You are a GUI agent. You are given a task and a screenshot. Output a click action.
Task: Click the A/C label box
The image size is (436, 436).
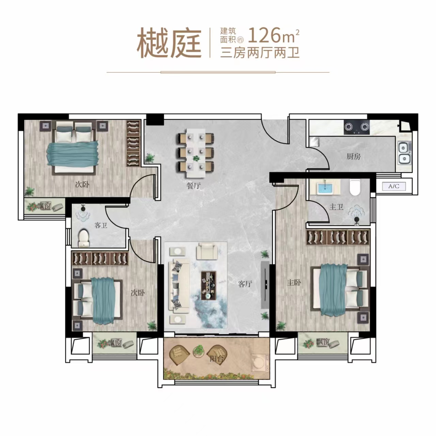[x=394, y=186]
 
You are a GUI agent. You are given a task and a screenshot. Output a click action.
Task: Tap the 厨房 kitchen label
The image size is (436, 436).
[x=354, y=156]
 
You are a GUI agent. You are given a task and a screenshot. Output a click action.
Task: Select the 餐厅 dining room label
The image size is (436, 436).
[x=193, y=186]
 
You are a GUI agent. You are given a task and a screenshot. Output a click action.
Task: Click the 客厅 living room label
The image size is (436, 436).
[x=245, y=284]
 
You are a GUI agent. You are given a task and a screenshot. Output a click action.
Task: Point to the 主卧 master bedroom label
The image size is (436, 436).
[x=294, y=282]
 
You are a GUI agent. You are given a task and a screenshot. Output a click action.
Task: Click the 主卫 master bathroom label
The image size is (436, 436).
[x=336, y=207]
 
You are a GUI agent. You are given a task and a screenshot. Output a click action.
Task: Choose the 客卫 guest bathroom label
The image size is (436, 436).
[x=101, y=225]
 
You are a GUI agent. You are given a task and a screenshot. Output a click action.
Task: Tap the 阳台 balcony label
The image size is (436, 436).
[x=217, y=358]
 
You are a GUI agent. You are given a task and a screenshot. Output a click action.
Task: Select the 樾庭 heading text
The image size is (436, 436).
[x=169, y=43]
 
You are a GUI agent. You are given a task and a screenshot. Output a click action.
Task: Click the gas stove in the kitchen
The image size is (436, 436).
[x=357, y=127]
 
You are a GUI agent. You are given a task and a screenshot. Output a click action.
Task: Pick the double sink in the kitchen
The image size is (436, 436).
[x=404, y=153]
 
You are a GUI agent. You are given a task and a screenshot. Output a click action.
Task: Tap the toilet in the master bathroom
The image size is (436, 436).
[x=355, y=188]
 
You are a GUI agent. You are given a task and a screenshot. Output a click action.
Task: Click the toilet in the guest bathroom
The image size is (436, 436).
[x=83, y=237]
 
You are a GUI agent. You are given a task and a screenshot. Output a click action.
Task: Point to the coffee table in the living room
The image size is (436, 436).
[x=208, y=285]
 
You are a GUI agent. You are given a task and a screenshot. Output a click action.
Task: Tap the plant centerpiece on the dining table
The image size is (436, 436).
[x=196, y=158]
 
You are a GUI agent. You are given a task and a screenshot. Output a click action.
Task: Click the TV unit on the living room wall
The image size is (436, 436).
[x=265, y=285]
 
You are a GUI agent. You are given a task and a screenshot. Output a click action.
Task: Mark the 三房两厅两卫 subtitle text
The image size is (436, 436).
[x=260, y=53]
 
